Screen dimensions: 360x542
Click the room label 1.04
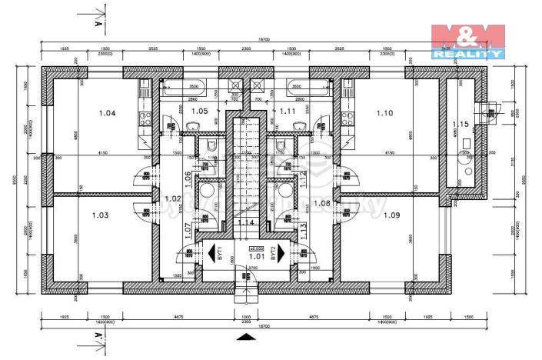108,114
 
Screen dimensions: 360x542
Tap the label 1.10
384,114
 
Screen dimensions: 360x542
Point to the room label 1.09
392,215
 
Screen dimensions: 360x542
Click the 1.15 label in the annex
461,124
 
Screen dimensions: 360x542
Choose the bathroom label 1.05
200,112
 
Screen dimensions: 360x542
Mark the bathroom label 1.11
288,112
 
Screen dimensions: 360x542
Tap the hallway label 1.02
173,198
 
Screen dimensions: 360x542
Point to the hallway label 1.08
323,203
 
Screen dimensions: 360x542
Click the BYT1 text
220,252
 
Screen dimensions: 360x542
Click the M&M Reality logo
467,41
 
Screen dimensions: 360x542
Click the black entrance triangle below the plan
244,335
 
